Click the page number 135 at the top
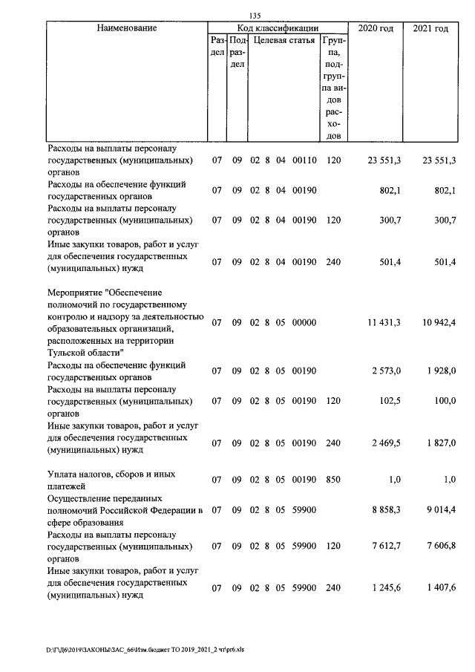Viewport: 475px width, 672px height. tap(255, 15)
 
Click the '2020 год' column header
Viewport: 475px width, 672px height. tap(376, 28)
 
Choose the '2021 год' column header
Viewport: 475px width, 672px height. tap(430, 28)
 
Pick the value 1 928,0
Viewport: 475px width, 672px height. tap(437, 371)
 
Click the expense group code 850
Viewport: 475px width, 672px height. tap(332, 480)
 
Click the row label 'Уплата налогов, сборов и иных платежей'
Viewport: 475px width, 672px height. tap(111, 480)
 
